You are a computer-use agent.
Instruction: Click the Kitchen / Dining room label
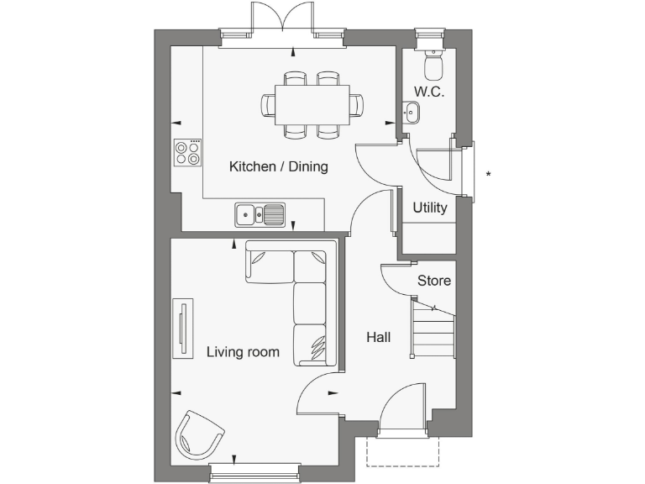pos(278,167)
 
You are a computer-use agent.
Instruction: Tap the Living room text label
pos(243,352)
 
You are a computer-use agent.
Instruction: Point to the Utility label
pos(429,208)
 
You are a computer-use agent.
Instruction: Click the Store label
pos(433,281)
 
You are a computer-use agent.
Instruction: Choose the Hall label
pos(378,338)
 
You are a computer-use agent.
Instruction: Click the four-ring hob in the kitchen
pos(188,152)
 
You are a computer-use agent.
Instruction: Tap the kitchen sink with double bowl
pos(260,215)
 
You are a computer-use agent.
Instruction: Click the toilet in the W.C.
pos(433,64)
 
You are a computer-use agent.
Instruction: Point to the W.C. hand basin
pos(411,111)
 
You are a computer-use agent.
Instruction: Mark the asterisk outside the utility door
pos(488,175)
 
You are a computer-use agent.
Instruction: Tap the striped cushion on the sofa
pos(317,347)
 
